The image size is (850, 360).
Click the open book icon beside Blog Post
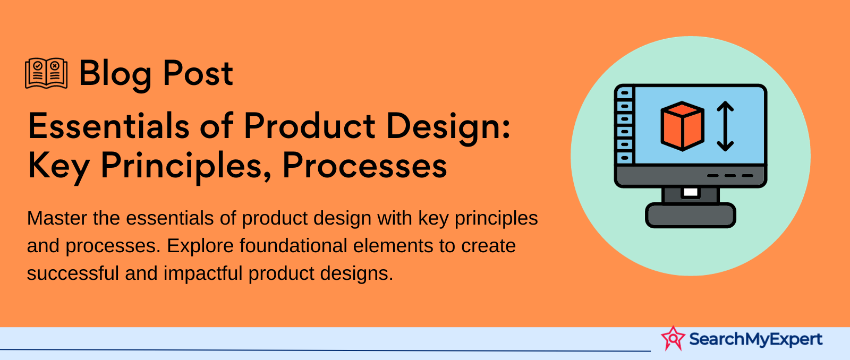[46, 73]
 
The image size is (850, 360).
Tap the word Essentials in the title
[108, 126]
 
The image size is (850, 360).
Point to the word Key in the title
[59, 167]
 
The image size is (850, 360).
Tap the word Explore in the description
[200, 246]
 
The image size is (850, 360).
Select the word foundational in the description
[293, 245]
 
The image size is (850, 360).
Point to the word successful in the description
[73, 273]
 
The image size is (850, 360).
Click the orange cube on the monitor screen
[682, 126]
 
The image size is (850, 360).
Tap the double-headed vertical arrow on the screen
[725, 126]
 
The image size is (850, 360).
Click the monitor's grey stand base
[691, 215]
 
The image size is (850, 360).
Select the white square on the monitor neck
[691, 192]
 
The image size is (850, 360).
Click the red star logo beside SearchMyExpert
[673, 338]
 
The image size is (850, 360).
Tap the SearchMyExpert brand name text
[756, 339]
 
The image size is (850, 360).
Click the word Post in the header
[198, 73]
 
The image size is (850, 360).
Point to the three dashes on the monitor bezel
[730, 176]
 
